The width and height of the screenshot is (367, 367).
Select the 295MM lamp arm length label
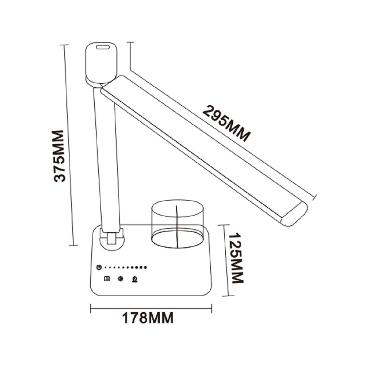(x=226, y=123)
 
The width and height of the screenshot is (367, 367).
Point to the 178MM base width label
(x=148, y=318)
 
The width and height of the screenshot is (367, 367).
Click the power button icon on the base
(x=98, y=267)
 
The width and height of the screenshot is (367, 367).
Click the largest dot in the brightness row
(x=145, y=267)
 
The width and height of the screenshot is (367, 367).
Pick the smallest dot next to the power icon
(x=105, y=267)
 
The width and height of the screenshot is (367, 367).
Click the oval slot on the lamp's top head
(x=103, y=47)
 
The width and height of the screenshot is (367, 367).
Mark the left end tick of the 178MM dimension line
(x=91, y=309)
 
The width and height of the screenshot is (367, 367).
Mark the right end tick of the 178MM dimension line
(x=211, y=309)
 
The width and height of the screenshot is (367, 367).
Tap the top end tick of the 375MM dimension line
(x=65, y=45)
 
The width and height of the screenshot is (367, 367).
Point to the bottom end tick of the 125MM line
(x=229, y=296)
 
